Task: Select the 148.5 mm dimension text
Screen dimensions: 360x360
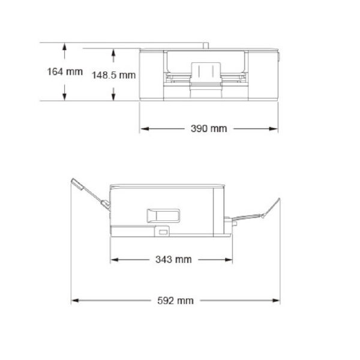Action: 113,75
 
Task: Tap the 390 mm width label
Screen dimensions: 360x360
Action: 209,129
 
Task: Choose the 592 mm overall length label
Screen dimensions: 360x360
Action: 176,301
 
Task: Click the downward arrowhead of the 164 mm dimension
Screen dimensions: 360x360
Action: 64,98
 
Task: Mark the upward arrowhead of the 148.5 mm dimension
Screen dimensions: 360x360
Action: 113,52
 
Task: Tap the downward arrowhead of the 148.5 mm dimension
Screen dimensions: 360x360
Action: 113,98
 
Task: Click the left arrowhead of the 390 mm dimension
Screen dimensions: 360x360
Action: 143,129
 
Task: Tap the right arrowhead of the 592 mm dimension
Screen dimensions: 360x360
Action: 277,301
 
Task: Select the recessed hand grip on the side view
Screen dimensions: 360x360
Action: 163,214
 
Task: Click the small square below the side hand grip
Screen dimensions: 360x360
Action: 163,230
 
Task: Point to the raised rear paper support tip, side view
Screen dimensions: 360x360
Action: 75,182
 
